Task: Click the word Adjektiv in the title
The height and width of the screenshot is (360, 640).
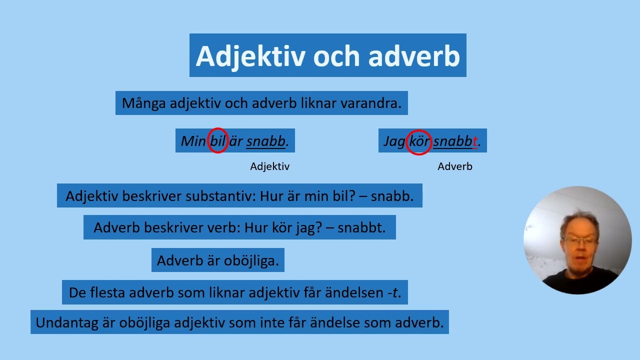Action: [250, 56]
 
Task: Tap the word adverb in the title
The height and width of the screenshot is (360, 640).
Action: [414, 56]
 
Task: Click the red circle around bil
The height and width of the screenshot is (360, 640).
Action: [218, 140]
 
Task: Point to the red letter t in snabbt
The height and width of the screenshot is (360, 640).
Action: [474, 141]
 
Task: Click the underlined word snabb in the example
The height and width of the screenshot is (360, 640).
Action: [265, 141]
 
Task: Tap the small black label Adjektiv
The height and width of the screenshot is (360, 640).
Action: [269, 166]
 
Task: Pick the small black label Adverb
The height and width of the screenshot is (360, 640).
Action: [454, 166]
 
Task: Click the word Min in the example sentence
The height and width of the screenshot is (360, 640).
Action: [193, 141]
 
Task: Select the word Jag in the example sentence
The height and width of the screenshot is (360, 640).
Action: [394, 141]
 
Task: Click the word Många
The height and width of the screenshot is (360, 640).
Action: [144, 103]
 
